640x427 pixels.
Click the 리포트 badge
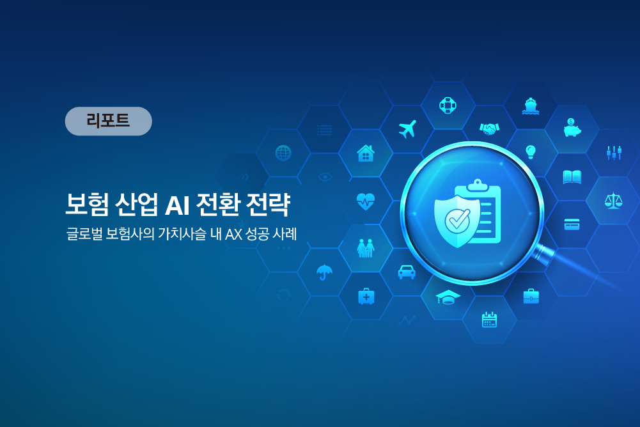click(109, 121)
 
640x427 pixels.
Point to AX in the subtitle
click(233, 235)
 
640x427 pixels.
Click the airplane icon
click(407, 129)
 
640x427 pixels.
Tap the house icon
click(366, 153)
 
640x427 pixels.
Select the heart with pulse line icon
click(366, 201)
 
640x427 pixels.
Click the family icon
click(366, 248)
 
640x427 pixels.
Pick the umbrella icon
click(325, 272)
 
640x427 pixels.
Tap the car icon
click(407, 272)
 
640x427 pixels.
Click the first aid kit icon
click(366, 296)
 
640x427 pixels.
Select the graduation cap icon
click(448, 297)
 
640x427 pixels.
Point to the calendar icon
click(489, 320)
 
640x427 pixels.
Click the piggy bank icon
click(572, 127)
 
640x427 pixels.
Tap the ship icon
click(531, 106)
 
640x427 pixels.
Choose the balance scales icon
click(613, 201)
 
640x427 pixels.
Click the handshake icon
click(489, 129)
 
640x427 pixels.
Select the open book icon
click(572, 177)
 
